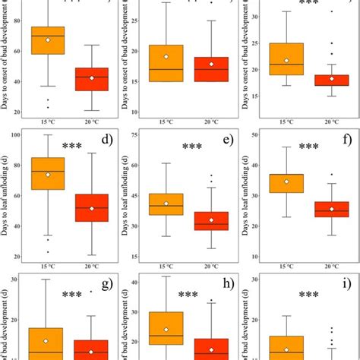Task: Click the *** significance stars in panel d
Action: pyautogui.click(x=72, y=147)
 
